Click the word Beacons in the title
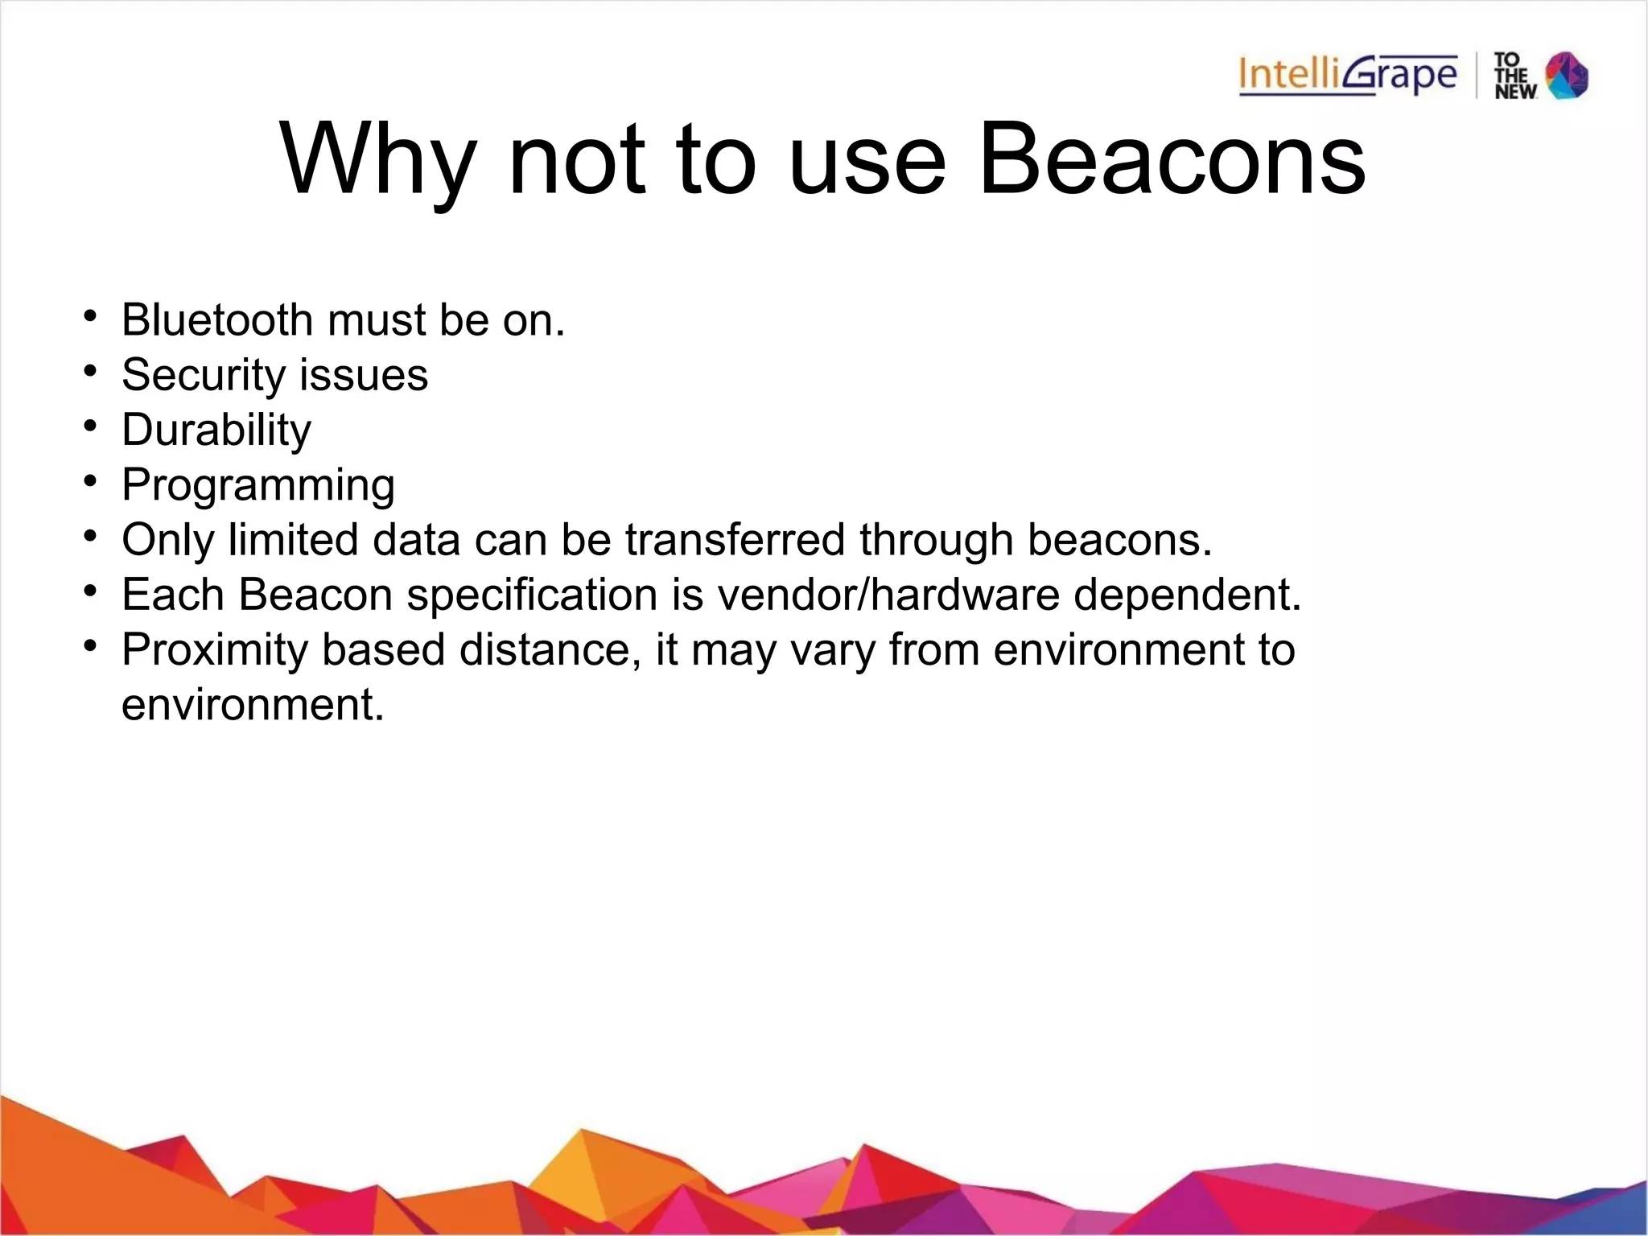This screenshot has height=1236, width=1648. tap(1172, 159)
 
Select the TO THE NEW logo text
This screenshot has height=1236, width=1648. tap(1514, 76)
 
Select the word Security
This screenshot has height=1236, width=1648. tap(203, 376)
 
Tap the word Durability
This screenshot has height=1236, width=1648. tap(216, 431)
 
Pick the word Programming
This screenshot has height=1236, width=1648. tap(258, 486)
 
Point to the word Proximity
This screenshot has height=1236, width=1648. tap(215, 650)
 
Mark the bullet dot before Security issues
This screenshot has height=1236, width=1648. tap(90, 372)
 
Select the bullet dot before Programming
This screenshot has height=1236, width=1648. tap(90, 481)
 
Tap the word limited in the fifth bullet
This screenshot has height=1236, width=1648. tap(293, 539)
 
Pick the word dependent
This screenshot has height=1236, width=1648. tap(1187, 595)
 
